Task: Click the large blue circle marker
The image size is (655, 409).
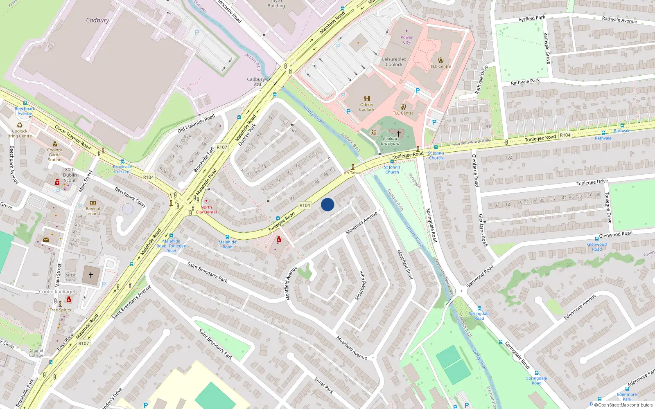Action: point(327,204)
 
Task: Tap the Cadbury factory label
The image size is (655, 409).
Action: point(97,20)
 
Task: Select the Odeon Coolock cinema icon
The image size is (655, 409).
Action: point(367,99)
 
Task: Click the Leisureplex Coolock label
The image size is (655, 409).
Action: point(394,62)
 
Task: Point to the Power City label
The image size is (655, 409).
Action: point(407,40)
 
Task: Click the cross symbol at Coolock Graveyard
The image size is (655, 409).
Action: point(398,133)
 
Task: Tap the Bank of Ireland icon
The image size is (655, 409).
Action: point(93,203)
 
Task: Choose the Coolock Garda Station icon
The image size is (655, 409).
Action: point(55,144)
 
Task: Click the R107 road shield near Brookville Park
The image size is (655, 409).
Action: point(222,147)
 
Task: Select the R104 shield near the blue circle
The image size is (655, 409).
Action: point(305,205)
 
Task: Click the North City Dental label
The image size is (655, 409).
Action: point(206,209)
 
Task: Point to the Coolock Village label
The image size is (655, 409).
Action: point(56,292)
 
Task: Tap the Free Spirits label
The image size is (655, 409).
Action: point(60,310)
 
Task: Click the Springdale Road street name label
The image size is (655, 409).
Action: point(431,225)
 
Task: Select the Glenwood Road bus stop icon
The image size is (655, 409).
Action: point(597,239)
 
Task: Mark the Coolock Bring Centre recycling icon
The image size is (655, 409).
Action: point(20,125)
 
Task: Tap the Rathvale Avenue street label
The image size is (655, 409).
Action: point(619,20)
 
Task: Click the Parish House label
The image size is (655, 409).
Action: point(70,277)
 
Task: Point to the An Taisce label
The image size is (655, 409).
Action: point(352,173)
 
